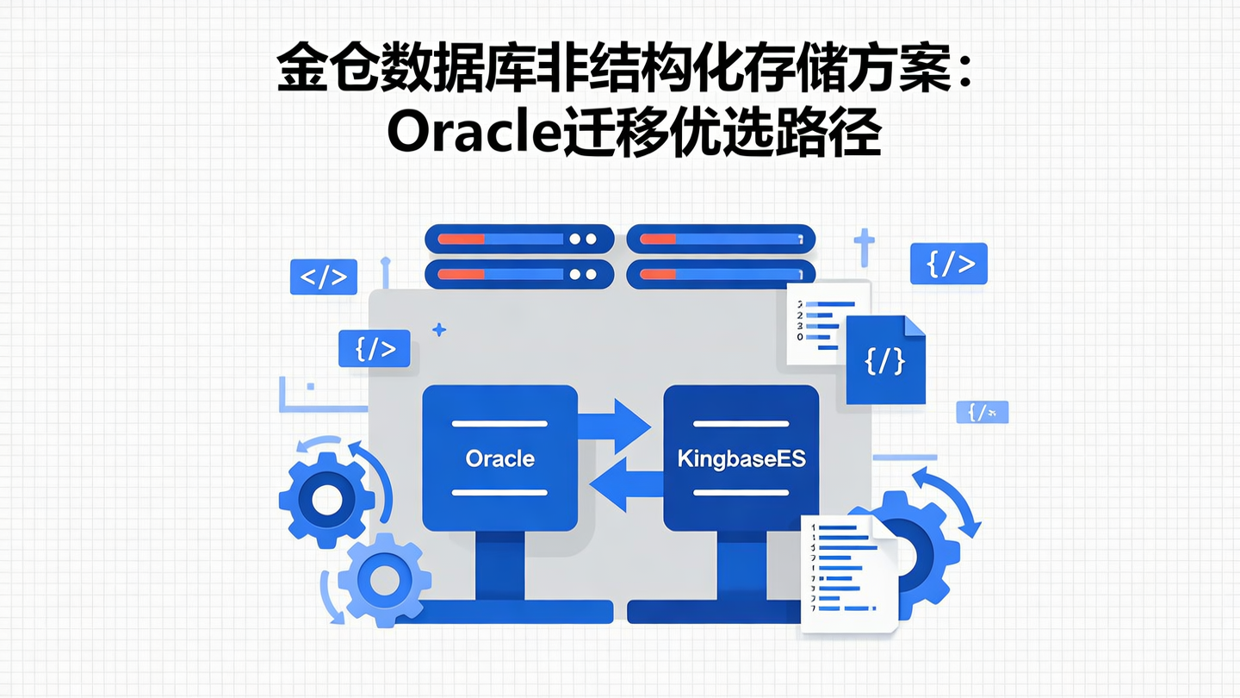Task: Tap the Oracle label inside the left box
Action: (499, 458)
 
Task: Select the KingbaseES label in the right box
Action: (741, 458)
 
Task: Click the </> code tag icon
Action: (324, 277)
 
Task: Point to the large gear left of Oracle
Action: (326, 499)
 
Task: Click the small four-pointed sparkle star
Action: (439, 329)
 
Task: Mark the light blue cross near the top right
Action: (864, 246)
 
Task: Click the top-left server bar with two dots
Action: (519, 239)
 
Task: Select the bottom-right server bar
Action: (720, 274)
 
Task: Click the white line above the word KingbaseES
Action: (741, 424)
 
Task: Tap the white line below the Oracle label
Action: (499, 492)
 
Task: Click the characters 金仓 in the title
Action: (313, 71)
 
